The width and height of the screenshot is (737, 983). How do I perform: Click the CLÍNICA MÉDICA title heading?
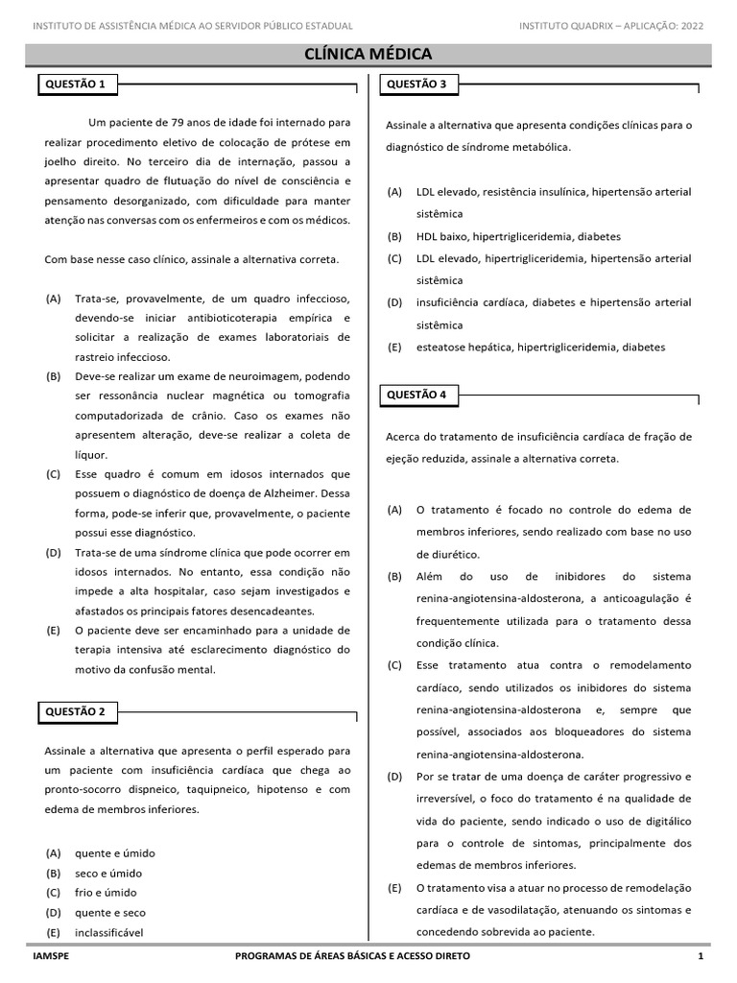tap(368, 55)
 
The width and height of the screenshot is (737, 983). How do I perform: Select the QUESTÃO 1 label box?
tap(76, 84)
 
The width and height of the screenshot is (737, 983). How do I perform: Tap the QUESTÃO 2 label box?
tap(76, 711)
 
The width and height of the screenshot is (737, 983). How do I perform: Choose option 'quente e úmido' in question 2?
tap(114, 853)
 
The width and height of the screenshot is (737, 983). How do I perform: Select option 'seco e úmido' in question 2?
tap(108, 874)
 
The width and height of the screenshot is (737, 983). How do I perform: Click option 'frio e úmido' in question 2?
tap(106, 893)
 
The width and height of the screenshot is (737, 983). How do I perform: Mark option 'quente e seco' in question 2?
tap(110, 913)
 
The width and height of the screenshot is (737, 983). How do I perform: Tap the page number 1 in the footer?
tap(701, 957)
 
